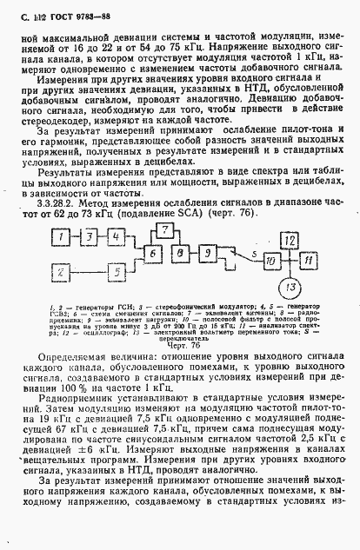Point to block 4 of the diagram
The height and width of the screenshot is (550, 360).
tap(117, 236)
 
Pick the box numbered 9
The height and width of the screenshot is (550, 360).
tap(209, 252)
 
